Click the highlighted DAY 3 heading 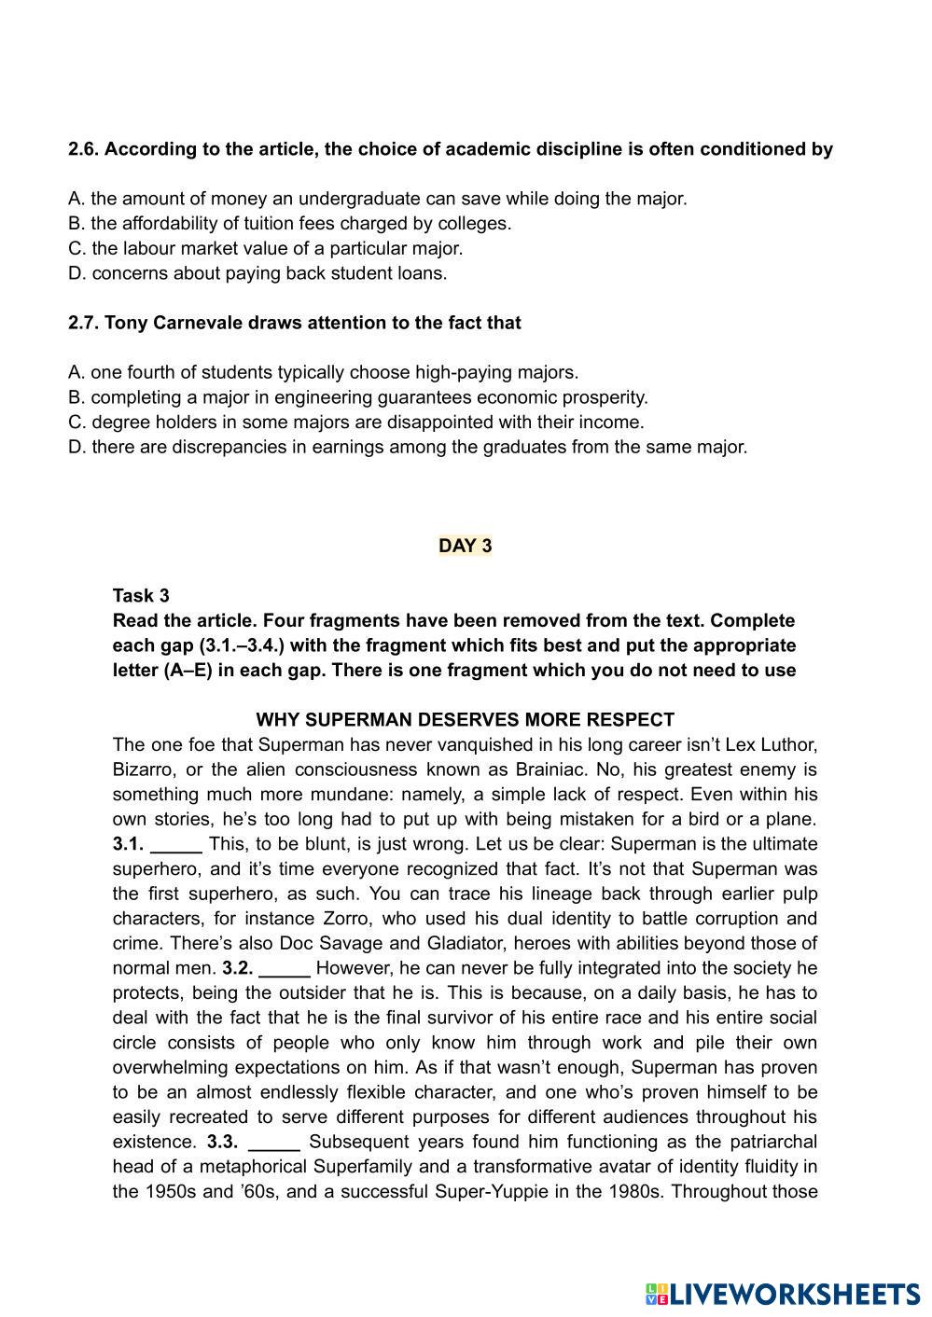click(x=465, y=546)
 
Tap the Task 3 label click(x=141, y=595)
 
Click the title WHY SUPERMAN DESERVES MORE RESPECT click(x=465, y=720)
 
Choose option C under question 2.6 click(x=265, y=248)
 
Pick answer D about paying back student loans click(x=257, y=273)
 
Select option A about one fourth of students click(x=323, y=372)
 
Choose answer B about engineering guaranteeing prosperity click(x=357, y=397)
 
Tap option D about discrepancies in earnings click(x=408, y=447)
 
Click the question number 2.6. click(x=83, y=149)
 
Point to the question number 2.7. click(x=83, y=323)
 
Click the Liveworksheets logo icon click(x=656, y=1295)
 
